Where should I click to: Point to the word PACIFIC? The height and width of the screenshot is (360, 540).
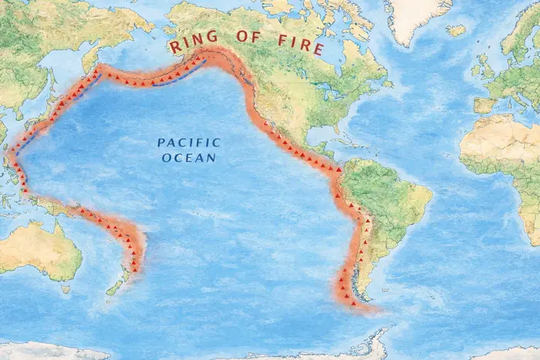click(189, 143)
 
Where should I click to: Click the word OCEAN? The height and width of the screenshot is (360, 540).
click(189, 158)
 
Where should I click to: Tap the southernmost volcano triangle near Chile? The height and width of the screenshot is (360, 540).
click(354, 303)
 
